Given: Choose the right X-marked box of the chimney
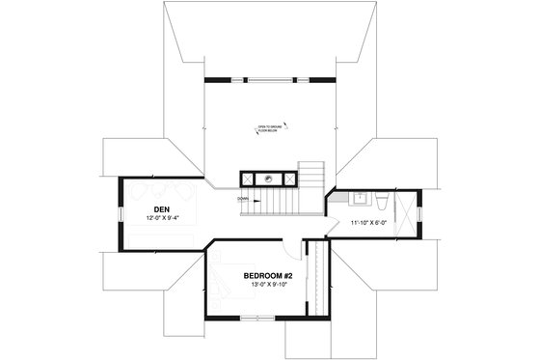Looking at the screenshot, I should pos(285,179).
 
